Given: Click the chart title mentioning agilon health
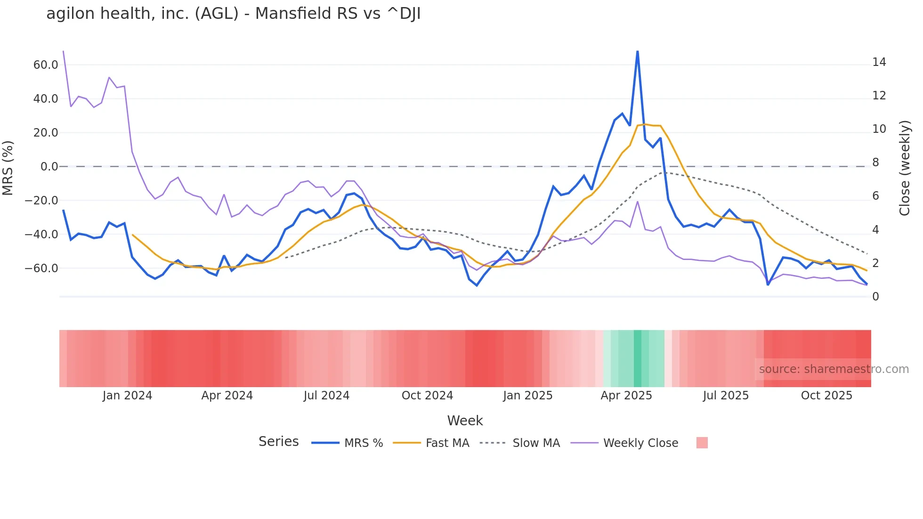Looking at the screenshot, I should point(233,14).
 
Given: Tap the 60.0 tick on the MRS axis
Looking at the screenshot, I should point(46,65).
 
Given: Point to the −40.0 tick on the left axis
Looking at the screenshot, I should point(41,235).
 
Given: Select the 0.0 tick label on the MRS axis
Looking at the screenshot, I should point(49,167).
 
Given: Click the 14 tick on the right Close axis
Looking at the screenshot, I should point(879,62).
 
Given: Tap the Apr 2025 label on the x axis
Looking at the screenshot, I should point(626,396).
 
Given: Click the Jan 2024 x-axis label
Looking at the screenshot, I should point(127,396).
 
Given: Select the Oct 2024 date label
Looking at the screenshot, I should point(427,396).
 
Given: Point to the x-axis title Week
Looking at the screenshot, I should point(465,421).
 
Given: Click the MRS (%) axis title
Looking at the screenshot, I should point(8,168).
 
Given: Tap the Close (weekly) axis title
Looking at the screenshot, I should point(905,168).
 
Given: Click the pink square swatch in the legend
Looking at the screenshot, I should point(702,443).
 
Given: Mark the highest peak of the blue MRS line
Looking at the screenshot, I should point(637,51).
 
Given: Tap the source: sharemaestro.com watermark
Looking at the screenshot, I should point(834,369).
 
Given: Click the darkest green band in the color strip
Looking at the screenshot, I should point(638,358).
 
